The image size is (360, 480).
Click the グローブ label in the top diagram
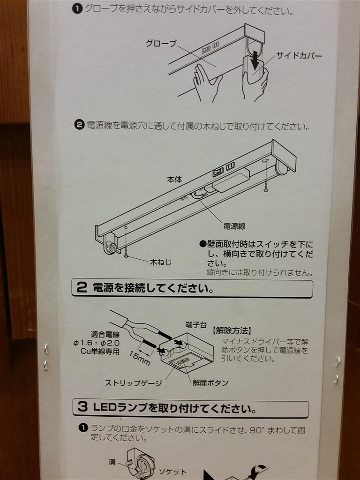point(161,44)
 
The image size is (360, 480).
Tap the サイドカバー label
point(299,56)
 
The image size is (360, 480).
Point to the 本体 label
point(174,180)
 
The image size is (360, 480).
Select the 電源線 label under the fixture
point(234,226)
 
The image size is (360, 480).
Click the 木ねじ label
point(160,262)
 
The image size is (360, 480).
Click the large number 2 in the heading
point(82,288)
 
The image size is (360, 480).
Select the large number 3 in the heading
point(82,407)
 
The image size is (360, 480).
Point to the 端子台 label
point(196,325)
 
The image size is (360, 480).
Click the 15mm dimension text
point(139,358)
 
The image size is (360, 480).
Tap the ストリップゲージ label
point(134,383)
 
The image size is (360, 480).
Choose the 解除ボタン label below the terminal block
point(210,382)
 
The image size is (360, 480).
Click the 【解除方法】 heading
point(232,331)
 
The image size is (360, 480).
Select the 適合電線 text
point(105,335)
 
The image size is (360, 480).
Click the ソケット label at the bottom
point(172,472)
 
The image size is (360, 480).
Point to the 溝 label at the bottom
point(112,462)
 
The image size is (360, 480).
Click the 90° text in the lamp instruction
point(257,430)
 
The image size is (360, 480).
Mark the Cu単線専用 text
point(100,351)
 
